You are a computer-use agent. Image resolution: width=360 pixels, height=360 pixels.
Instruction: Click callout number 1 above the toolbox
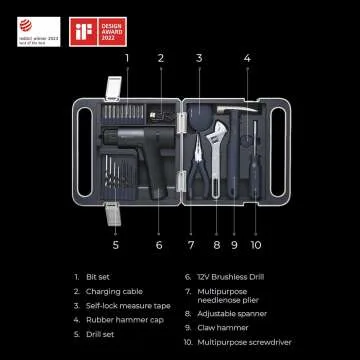point(126,59)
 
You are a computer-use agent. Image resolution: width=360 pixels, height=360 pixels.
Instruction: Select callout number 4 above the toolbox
point(246,59)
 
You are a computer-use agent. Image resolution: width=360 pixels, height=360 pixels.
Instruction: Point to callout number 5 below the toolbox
point(116,243)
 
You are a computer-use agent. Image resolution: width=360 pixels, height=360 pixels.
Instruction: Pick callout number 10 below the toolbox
point(255,243)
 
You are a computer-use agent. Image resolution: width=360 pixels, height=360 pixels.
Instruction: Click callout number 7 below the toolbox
point(189,243)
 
